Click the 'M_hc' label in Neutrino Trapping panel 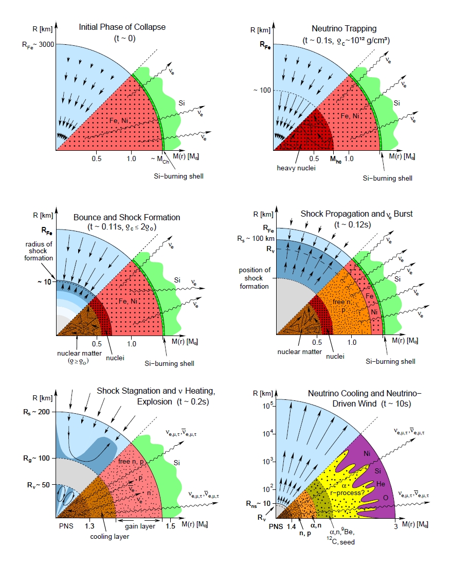(335, 160)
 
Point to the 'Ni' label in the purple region (367, 454)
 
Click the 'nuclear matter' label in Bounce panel (76, 354)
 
